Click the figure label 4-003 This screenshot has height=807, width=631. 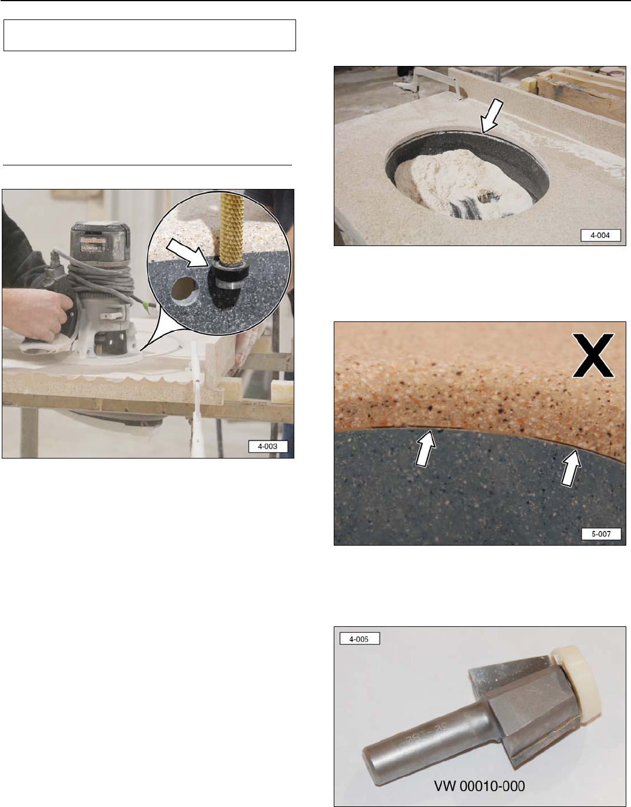pyautogui.click(x=268, y=446)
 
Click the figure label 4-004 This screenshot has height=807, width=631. pyautogui.click(x=600, y=235)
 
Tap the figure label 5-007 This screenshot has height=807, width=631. pyautogui.click(x=601, y=534)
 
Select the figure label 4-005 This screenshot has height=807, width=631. pyautogui.click(x=359, y=638)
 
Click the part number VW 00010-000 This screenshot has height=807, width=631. pyautogui.click(x=480, y=785)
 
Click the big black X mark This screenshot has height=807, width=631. pyautogui.click(x=593, y=355)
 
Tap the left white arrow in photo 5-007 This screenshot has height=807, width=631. pyautogui.click(x=425, y=448)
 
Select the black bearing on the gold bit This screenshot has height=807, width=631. pyautogui.click(x=230, y=274)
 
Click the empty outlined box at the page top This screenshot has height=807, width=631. pyautogui.click(x=150, y=35)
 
